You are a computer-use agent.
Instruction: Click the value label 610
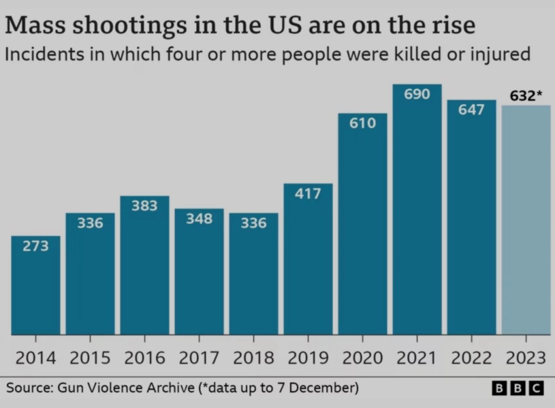coord(362,123)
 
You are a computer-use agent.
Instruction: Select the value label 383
coord(145,206)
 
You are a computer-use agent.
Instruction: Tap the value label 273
coord(36,246)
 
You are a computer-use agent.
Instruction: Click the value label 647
coord(471,110)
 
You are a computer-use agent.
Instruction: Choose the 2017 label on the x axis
coord(199,358)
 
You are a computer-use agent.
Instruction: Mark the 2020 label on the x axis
coord(362,358)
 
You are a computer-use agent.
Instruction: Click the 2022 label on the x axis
coord(471,358)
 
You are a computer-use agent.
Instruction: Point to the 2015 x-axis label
coord(90,358)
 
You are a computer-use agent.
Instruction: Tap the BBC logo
coord(517,388)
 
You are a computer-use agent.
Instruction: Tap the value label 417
coord(308,193)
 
